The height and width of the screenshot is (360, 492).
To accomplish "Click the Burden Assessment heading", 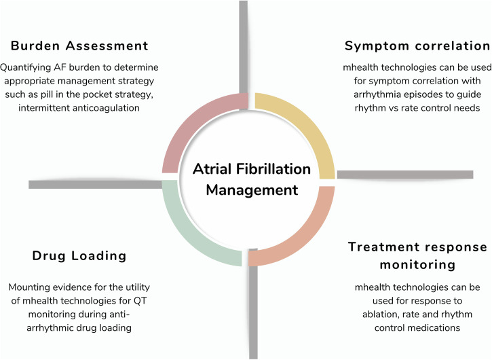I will [x=79, y=46].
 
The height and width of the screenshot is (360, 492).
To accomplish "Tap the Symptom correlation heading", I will [x=417, y=46].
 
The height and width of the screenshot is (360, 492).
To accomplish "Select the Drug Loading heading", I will [x=79, y=256].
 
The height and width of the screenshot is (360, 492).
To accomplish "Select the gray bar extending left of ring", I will [x=95, y=184].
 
